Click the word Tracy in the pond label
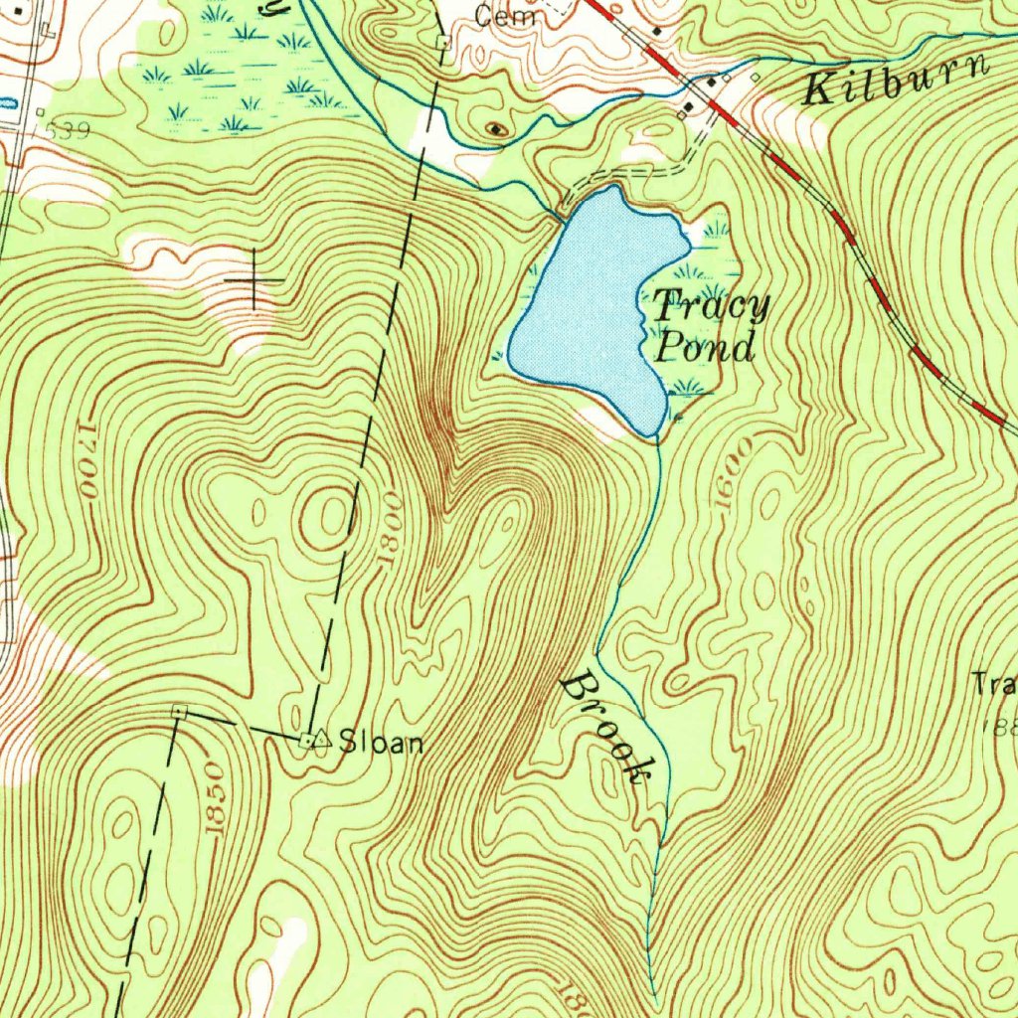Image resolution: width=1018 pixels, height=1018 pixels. (711, 306)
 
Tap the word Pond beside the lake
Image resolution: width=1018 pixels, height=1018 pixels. (704, 348)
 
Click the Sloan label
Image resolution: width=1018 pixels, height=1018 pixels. (382, 742)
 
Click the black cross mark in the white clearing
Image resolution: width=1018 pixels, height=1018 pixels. (254, 281)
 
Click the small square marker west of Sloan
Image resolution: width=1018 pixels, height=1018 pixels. (179, 711)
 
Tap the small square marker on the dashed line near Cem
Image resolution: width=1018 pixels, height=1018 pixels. (444, 42)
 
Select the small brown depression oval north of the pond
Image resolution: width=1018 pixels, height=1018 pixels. (495, 128)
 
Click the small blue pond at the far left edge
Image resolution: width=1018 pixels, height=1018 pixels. (6, 102)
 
